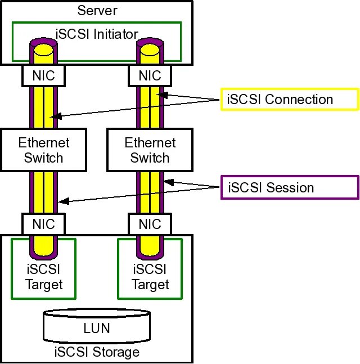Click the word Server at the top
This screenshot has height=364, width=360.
pos(97,11)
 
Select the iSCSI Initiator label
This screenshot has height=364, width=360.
pos(97,34)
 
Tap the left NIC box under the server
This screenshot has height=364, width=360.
pos(43,75)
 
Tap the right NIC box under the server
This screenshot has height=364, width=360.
pos(150,75)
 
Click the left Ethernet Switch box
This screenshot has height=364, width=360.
pos(44,150)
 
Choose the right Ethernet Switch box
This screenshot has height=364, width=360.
pos(150,150)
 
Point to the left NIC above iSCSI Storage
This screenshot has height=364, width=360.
pos(43,224)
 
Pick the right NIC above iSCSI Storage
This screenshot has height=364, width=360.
pos(150,224)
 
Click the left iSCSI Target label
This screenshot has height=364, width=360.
pos(44,277)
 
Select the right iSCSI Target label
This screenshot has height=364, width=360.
pos(150,277)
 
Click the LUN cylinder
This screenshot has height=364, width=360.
pos(97,326)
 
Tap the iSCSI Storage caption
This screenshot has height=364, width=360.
pos(97,352)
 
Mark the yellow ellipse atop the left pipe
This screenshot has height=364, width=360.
pos(43,51)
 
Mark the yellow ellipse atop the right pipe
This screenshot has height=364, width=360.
pos(150,51)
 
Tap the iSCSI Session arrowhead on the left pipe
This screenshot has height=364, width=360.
pos(64,201)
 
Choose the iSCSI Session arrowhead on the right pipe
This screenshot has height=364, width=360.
pos(169,182)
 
